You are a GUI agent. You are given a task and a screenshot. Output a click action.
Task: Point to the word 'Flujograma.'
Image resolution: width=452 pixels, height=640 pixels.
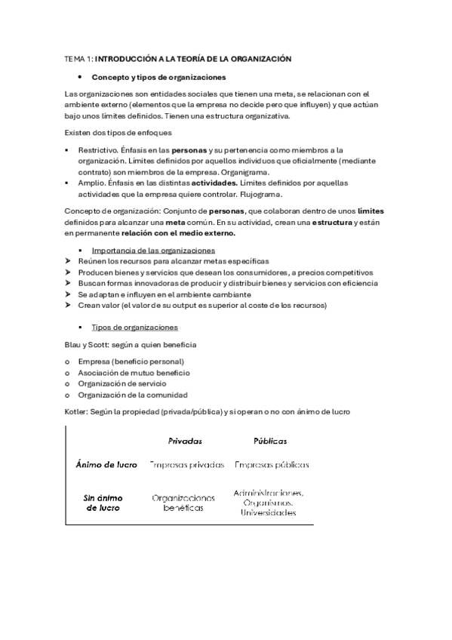click(276, 193)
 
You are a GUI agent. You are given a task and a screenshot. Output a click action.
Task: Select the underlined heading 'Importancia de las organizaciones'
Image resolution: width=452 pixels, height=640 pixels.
click(153, 250)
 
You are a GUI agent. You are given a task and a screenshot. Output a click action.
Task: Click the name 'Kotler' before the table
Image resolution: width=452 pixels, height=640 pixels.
click(77, 412)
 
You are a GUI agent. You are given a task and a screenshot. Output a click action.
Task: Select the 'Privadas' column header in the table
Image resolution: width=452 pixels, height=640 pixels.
click(185, 442)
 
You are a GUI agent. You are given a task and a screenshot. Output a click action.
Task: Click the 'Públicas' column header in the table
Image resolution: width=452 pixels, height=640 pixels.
click(270, 442)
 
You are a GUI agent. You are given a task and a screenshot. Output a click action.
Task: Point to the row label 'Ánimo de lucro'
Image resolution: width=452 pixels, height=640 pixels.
click(107, 465)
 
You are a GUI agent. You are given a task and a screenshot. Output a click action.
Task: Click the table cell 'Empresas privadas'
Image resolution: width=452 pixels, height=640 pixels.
click(187, 465)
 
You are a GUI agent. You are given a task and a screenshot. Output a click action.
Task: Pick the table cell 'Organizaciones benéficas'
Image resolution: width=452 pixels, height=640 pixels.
click(183, 503)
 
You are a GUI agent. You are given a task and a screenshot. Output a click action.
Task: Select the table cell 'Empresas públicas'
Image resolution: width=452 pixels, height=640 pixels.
click(272, 465)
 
